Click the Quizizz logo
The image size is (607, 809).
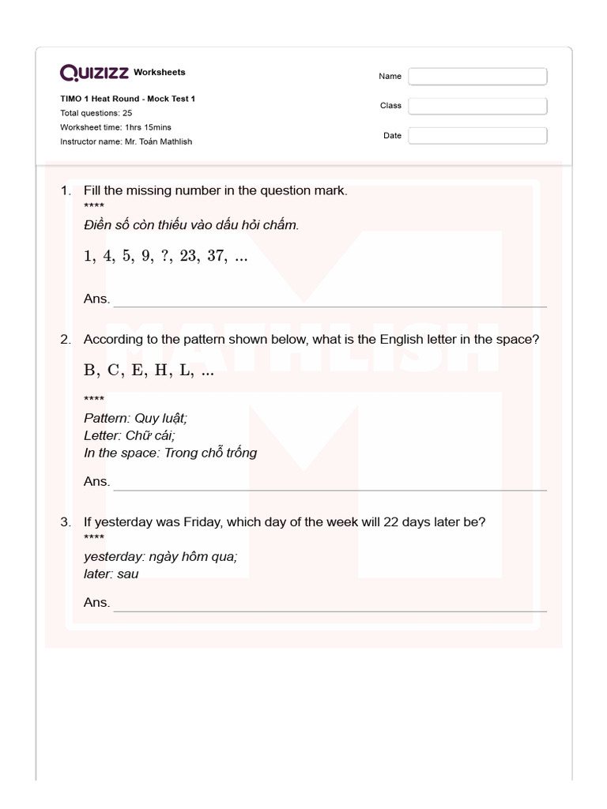point(95,73)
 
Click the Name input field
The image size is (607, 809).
point(477,76)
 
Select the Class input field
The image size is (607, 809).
point(477,106)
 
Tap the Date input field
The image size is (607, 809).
point(477,136)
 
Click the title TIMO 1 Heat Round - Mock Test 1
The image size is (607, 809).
point(127,99)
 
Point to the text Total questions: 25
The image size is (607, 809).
point(96,113)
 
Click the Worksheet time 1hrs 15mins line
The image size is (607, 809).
point(115,127)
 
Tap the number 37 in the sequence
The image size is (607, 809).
point(216,257)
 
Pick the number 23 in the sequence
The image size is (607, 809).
point(188,257)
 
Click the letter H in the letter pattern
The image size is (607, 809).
point(161,371)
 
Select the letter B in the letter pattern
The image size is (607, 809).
point(89,371)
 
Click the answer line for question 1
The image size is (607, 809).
point(330,305)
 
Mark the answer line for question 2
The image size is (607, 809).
point(330,489)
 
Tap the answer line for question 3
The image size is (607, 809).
point(330,610)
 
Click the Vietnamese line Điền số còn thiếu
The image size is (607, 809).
point(191,225)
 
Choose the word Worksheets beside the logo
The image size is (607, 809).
point(160,73)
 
